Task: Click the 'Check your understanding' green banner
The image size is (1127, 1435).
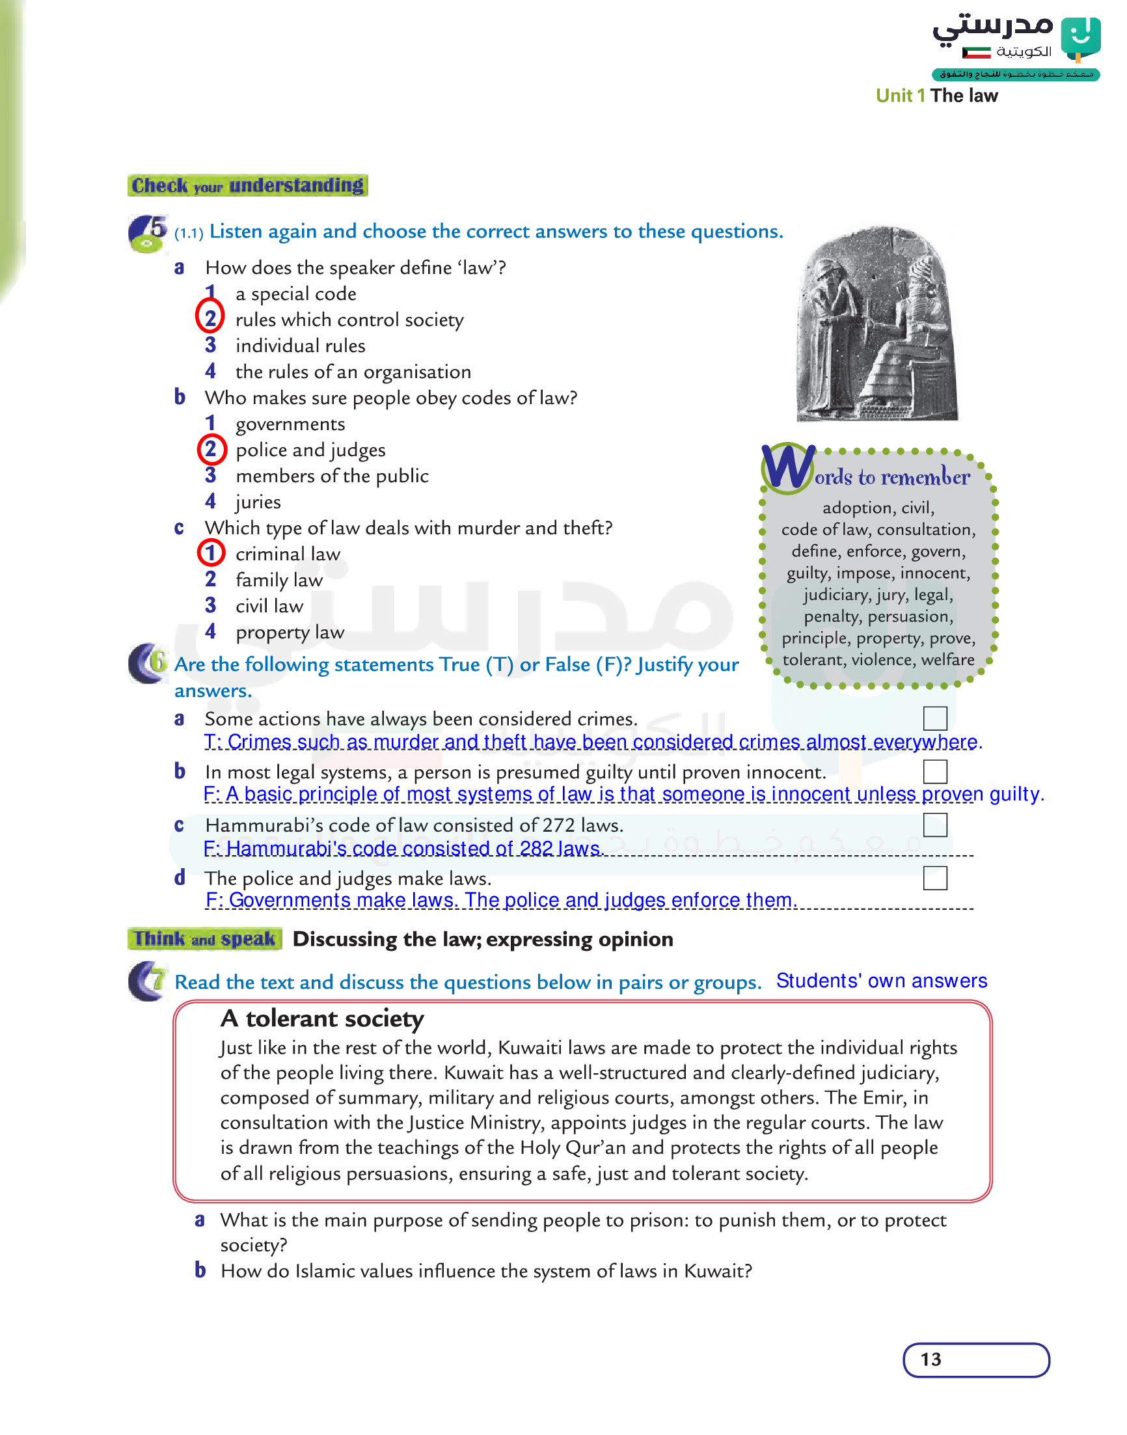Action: [x=247, y=185]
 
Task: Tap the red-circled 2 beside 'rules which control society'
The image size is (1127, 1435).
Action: [x=210, y=318]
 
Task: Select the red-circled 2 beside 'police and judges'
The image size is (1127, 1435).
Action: [x=211, y=449]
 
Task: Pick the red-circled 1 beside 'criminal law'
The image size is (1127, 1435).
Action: [x=211, y=553]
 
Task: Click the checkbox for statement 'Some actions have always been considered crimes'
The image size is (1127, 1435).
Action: [x=935, y=718]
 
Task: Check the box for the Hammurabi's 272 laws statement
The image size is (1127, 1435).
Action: [x=935, y=825]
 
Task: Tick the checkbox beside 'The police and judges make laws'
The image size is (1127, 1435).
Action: [x=935, y=878]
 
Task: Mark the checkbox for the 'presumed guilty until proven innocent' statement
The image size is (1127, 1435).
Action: [x=935, y=771]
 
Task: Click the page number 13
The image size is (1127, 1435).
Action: [x=931, y=1359]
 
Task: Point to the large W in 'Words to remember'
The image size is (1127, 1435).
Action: [x=789, y=468]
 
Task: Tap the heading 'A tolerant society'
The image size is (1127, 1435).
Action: [x=322, y=1018]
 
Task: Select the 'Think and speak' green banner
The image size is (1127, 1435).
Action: [x=204, y=939]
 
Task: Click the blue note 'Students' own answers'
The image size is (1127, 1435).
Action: [x=881, y=981]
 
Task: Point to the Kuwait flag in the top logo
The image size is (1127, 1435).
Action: [x=977, y=52]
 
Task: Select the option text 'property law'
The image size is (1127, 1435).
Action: [x=290, y=632]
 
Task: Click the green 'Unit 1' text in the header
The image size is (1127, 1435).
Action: [x=900, y=96]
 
